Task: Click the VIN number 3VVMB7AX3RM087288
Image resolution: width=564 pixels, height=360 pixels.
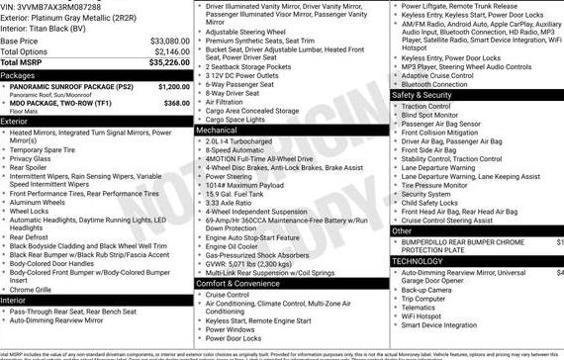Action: pyautogui.click(x=59, y=7)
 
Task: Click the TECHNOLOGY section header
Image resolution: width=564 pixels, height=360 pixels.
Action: pyautogui.click(x=419, y=262)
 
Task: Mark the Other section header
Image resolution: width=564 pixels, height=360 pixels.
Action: pyautogui.click(x=402, y=230)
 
